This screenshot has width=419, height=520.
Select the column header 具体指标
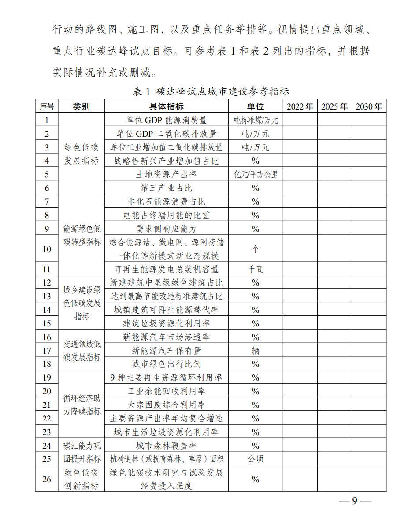click(x=166, y=106)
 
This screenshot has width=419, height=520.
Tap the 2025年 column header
click(x=334, y=106)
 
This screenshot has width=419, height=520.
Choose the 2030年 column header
click(x=369, y=106)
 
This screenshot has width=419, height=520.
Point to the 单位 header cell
click(x=255, y=106)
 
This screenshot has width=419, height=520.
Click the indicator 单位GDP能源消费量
click(x=166, y=120)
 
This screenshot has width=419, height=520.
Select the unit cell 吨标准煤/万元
click(x=256, y=120)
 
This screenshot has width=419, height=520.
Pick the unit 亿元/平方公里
click(x=256, y=174)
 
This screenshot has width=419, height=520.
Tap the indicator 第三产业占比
click(x=166, y=188)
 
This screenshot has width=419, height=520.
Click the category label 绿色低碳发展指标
click(x=82, y=154)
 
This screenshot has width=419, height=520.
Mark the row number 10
click(x=47, y=249)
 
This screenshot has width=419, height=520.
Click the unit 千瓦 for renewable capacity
click(x=256, y=269)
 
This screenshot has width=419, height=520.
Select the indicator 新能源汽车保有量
click(x=166, y=351)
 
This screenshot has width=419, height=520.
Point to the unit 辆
click(x=256, y=351)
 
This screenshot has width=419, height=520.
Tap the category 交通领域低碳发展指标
click(x=82, y=351)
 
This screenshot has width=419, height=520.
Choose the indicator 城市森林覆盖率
click(x=166, y=446)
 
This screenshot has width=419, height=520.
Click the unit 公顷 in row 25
click(x=256, y=459)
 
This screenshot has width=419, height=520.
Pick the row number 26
click(x=47, y=479)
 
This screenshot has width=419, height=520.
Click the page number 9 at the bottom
click(x=354, y=502)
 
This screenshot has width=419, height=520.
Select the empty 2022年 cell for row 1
click(x=300, y=120)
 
